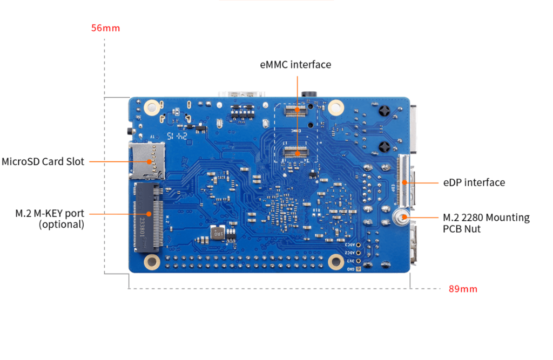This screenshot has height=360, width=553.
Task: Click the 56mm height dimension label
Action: pyautogui.click(x=105, y=28)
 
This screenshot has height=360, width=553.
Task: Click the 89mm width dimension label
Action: pyautogui.click(x=463, y=289)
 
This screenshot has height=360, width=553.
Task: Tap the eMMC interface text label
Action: pyautogui.click(x=295, y=65)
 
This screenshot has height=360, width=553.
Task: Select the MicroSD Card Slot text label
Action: pyautogui.click(x=43, y=161)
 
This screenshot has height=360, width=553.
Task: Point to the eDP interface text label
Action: pyautogui.click(x=474, y=182)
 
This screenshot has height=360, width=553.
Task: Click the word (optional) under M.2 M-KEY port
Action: pyautogui.click(x=62, y=225)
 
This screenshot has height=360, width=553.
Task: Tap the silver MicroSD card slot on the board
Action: pyautogui.click(x=147, y=161)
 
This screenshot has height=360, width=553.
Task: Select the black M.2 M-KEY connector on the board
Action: pyautogui.click(x=148, y=217)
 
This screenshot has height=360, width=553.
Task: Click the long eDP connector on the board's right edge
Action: pyautogui.click(x=403, y=180)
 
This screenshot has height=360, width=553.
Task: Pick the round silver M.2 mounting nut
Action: pyautogui.click(x=401, y=218)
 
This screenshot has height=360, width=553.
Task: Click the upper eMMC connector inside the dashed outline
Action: pyautogui.click(x=296, y=111)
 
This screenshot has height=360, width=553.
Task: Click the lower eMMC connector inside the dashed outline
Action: pyautogui.click(x=295, y=152)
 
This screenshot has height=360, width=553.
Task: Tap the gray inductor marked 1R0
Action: pyautogui.click(x=218, y=233)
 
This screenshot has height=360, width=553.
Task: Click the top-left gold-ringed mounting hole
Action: pyautogui.click(x=152, y=107)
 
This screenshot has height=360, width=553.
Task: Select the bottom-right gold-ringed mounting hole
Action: pyautogui.click(x=336, y=262)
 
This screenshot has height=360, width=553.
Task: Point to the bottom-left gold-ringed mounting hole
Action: pyautogui.click(x=152, y=262)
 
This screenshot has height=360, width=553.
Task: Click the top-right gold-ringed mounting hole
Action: pyautogui.click(x=336, y=107)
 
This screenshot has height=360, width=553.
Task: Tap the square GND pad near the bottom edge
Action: pyautogui.click(x=359, y=269)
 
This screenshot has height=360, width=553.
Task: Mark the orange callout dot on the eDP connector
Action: pyautogui.click(x=404, y=182)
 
